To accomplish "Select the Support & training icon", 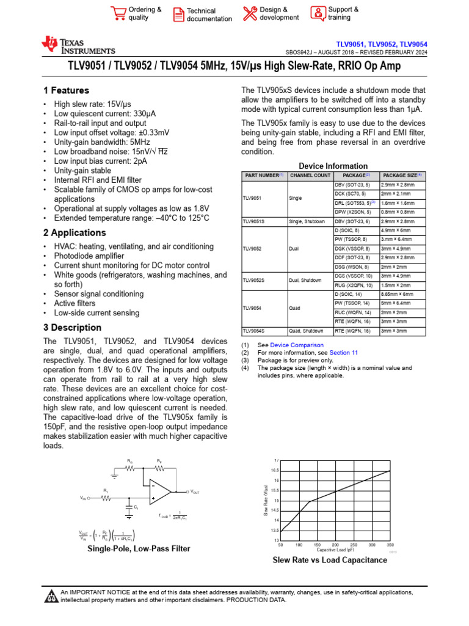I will (318, 13).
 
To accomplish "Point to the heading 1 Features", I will (66, 90).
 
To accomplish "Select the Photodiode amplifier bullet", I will (89, 256).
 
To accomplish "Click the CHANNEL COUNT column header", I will (310, 175).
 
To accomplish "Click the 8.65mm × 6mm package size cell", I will (397, 294).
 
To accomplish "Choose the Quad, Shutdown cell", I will (306, 331).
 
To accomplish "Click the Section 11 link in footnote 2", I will (344, 353).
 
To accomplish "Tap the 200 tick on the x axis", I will (335, 544).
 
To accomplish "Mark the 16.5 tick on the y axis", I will (275, 470).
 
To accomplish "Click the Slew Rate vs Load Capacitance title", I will (329, 560).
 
